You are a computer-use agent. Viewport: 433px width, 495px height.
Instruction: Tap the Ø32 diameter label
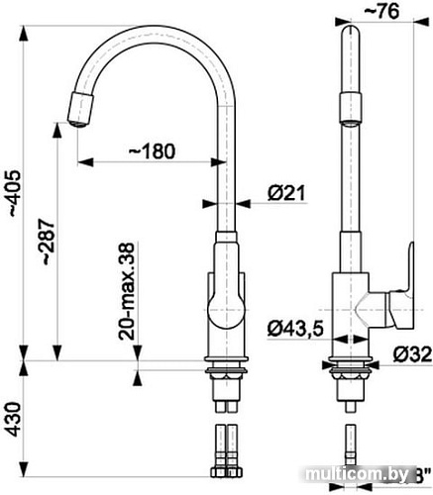410,353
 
